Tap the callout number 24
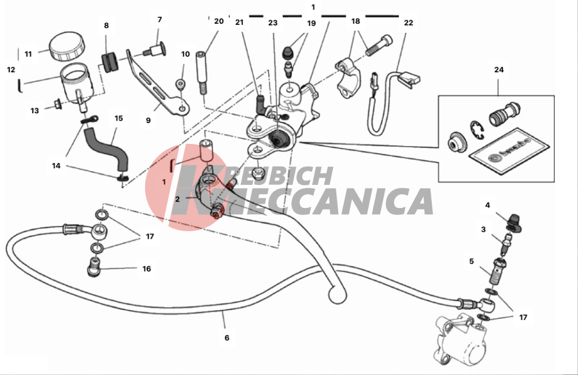pos(499,69)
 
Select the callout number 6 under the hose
pos(227,337)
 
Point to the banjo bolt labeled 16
pos(94,266)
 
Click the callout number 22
pos(409,23)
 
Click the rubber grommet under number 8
pos(109,62)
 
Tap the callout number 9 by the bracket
pos(148,120)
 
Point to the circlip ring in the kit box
pos(477,131)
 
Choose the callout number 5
pos(472,261)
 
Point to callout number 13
pos(35,110)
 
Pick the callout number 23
pos(273,23)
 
